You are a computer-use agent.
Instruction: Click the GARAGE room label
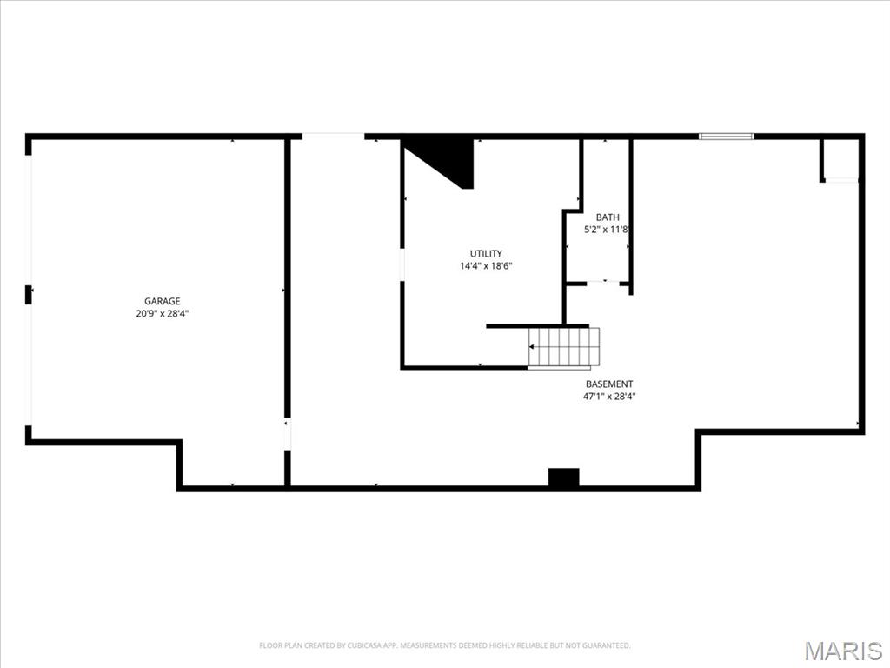(x=163, y=301)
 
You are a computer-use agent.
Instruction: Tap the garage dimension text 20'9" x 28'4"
(x=163, y=314)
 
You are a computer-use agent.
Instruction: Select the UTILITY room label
(x=486, y=254)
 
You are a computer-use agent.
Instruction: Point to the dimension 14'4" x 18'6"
(x=486, y=266)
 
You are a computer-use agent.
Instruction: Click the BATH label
(x=608, y=217)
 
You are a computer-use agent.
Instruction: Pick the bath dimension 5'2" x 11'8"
(x=608, y=230)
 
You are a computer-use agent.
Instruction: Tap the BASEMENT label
(x=608, y=384)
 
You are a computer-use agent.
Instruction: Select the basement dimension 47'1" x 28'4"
(x=608, y=397)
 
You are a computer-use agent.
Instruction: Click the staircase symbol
(x=564, y=347)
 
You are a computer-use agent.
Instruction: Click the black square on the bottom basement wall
(x=563, y=478)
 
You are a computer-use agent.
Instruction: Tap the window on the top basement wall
(x=727, y=137)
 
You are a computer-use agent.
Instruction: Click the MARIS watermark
(x=842, y=650)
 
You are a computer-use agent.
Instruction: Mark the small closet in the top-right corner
(x=840, y=159)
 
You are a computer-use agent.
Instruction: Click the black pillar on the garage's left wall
(x=29, y=295)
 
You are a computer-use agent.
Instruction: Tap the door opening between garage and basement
(x=287, y=434)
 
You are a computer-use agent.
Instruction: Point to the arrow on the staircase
(x=533, y=347)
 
